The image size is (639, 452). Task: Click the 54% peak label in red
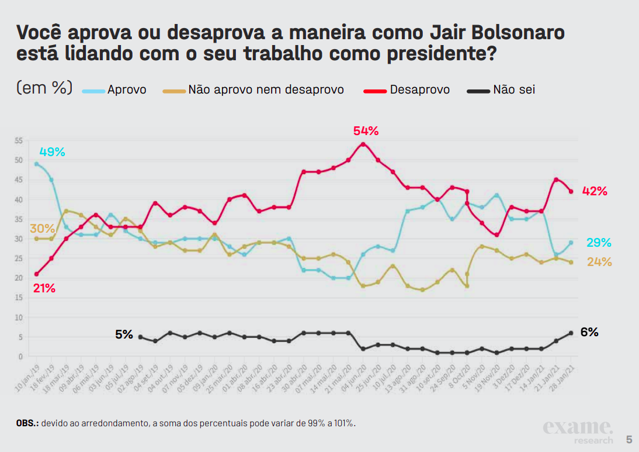(366, 131)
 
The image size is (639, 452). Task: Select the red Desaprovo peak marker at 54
(363, 144)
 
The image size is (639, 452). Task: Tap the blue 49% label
(52, 152)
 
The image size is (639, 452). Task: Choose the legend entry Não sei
(514, 90)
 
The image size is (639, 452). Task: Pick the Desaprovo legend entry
(419, 90)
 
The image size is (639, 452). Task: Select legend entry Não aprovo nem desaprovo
(266, 90)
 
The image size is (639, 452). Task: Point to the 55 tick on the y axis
(19, 140)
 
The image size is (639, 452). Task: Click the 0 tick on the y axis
(20, 357)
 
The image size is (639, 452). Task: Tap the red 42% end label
(595, 191)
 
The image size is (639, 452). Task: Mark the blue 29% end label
(599, 243)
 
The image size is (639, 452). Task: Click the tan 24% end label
(599, 262)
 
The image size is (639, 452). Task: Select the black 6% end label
(589, 332)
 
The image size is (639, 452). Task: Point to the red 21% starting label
(44, 288)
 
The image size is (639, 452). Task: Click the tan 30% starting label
(42, 229)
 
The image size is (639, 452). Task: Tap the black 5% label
(124, 335)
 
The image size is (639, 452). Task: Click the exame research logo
(578, 432)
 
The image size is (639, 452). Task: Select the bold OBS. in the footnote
(27, 423)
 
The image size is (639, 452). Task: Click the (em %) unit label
(44, 88)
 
